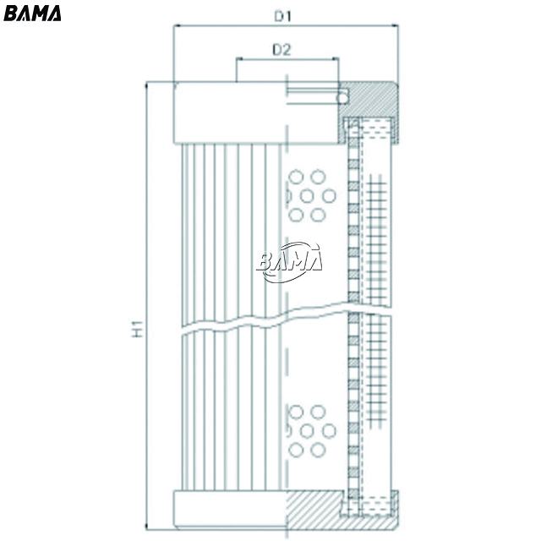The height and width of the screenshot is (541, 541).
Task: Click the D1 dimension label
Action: click(283, 16)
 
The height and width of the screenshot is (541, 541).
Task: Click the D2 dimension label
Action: click(281, 50)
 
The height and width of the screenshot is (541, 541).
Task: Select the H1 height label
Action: click(138, 329)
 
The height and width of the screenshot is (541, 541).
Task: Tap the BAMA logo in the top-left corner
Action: click(32, 14)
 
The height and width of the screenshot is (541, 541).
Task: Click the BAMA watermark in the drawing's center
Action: click(289, 261)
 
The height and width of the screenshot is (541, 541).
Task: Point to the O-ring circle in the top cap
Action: click(342, 98)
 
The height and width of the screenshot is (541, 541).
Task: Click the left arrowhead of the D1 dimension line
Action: click(177, 25)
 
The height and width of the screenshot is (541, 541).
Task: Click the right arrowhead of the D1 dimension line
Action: click(395, 25)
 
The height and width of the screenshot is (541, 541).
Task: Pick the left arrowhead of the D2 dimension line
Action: click(239, 59)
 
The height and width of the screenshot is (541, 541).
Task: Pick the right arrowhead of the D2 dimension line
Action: click(335, 59)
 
